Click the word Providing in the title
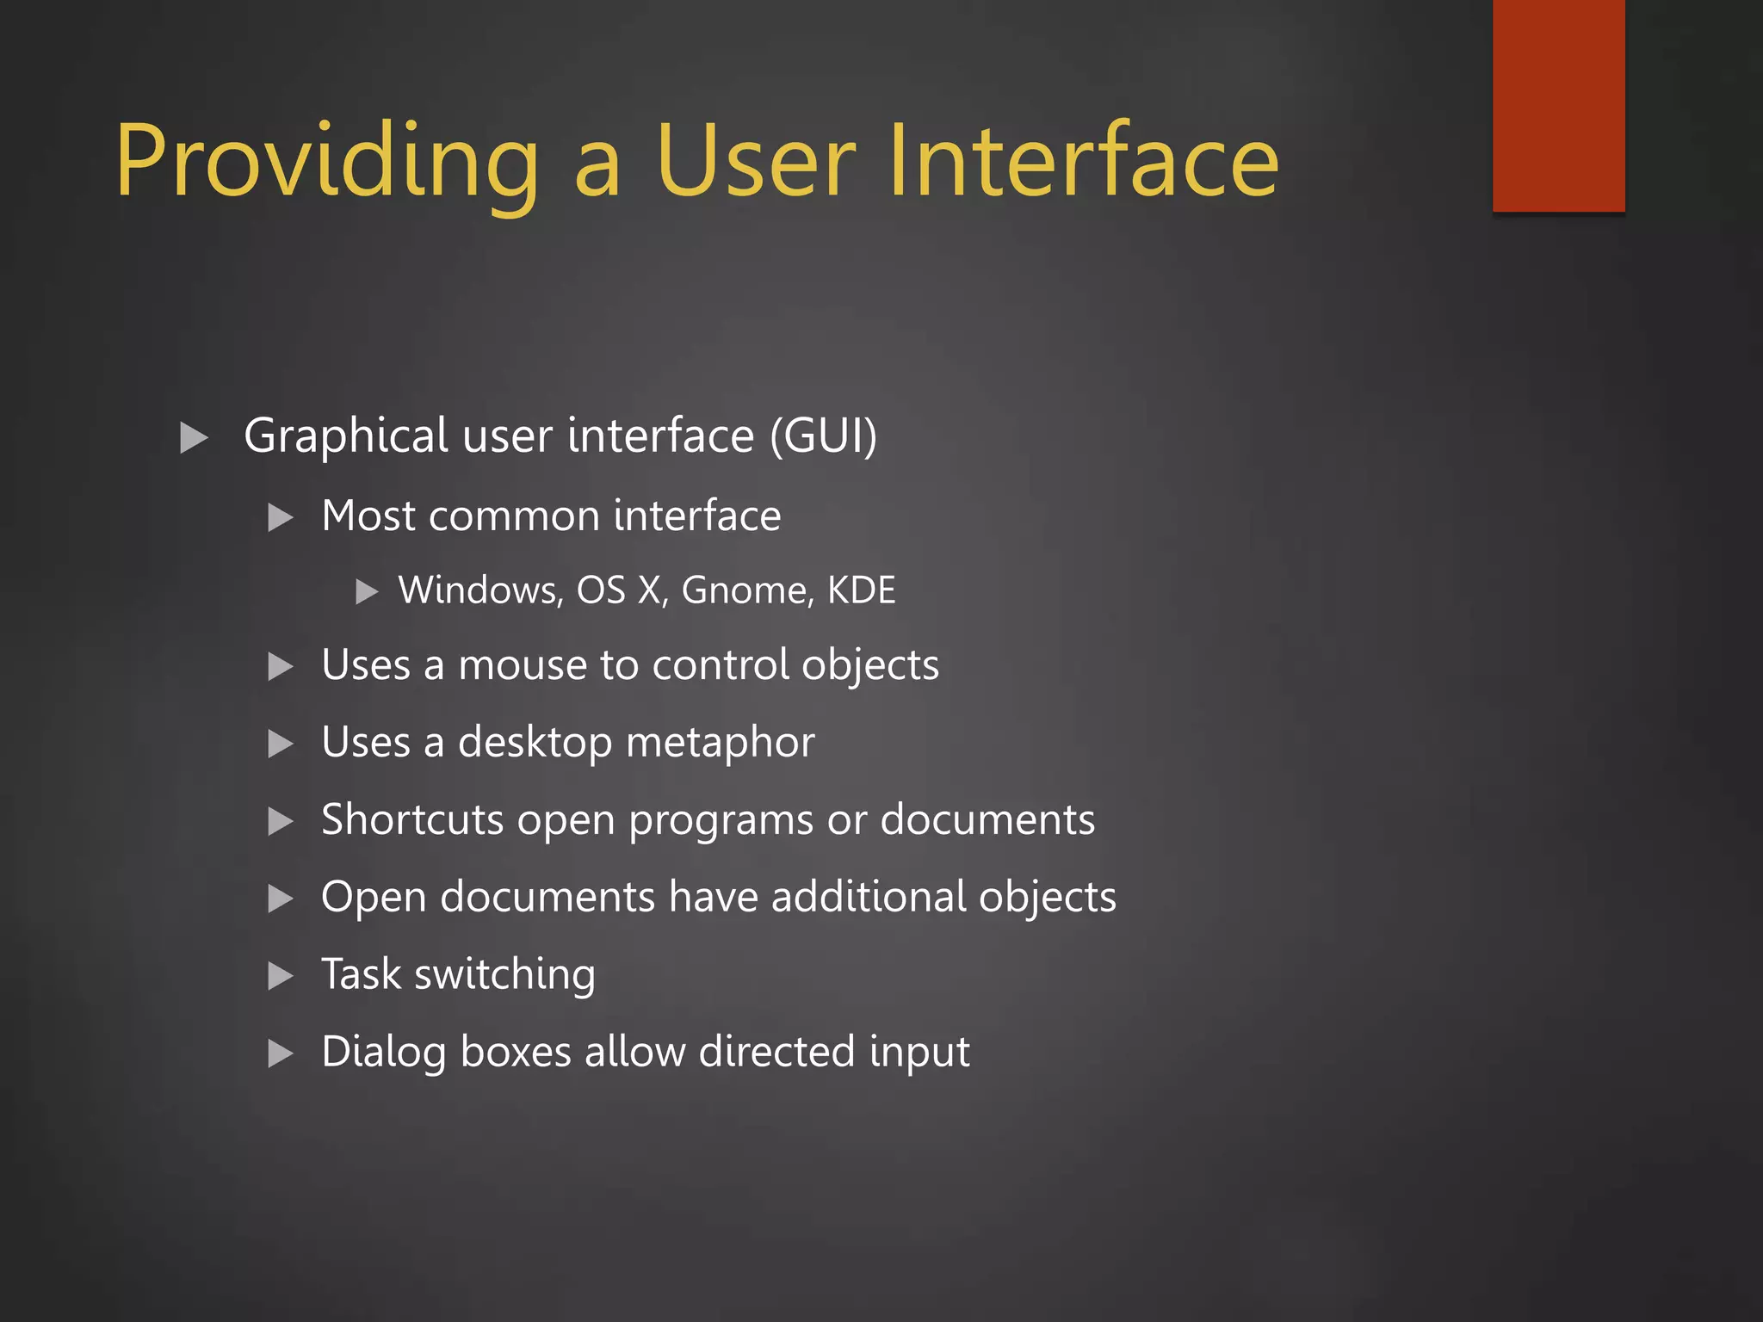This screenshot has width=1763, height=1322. (327, 164)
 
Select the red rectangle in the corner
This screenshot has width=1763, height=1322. (1558, 105)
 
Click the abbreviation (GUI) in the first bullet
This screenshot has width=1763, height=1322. (823, 436)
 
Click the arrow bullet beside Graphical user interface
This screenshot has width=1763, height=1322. (195, 438)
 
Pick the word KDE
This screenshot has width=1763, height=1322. (861, 590)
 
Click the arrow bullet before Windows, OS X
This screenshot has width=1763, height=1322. (368, 592)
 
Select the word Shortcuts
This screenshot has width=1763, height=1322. (411, 819)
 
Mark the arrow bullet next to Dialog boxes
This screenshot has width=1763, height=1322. (281, 1053)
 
